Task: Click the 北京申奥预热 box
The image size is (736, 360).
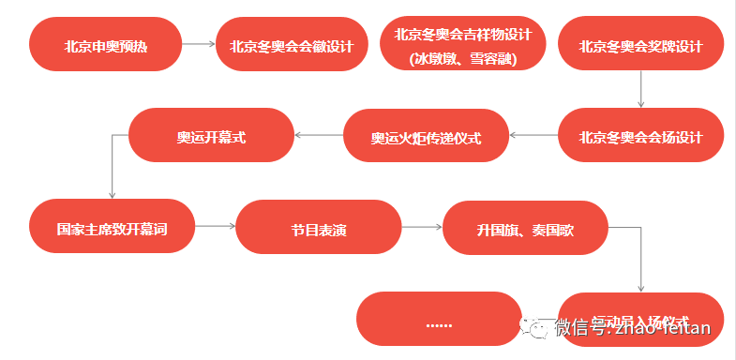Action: coord(105,44)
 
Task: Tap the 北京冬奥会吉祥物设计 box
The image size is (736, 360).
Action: coord(462,44)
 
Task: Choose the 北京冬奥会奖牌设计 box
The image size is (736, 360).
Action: coord(640,44)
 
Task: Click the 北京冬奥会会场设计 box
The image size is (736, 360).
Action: coord(640,136)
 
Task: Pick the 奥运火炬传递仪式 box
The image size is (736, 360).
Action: coord(426,136)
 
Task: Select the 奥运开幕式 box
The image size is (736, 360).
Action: coord(211,136)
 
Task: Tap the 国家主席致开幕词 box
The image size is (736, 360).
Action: coord(112,227)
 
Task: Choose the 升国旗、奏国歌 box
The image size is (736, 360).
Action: coord(525,227)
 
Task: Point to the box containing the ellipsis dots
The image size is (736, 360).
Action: coord(439,321)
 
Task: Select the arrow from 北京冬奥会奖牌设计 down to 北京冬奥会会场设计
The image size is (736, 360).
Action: coord(640,90)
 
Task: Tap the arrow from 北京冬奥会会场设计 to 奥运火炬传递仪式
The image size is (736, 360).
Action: coord(533,136)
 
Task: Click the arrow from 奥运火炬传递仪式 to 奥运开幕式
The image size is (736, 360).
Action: coord(319,136)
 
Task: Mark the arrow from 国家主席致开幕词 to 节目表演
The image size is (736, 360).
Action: coord(215,227)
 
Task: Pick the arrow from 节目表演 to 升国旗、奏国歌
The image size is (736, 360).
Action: coord(422,227)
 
